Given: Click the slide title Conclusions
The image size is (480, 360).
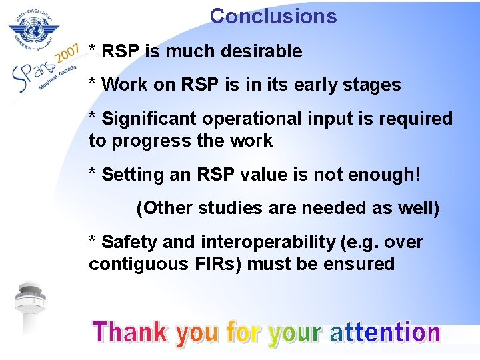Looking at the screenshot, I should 273,15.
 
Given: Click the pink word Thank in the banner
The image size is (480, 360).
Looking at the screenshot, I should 131,331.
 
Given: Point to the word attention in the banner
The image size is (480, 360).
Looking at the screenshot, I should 385,331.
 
